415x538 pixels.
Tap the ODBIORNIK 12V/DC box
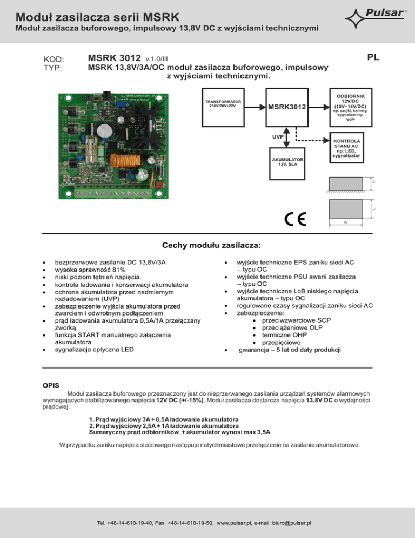[350, 107]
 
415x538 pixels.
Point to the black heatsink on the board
[160, 117]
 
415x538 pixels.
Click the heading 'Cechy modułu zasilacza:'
[207, 245]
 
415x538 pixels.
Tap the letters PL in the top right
[372, 57]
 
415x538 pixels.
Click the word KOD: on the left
[53, 60]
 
